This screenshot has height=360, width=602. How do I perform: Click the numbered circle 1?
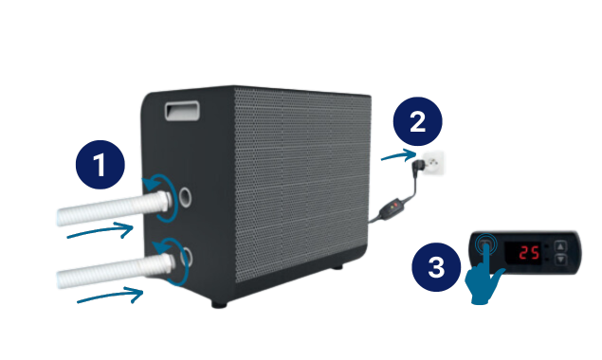click(100, 165)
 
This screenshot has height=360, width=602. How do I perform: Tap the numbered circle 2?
click(418, 121)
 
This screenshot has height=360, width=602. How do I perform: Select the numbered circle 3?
click(436, 267)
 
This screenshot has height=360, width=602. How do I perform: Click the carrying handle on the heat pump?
click(182, 111)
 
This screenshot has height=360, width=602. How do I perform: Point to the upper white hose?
click(114, 208)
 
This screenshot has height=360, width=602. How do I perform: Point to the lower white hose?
click(116, 270)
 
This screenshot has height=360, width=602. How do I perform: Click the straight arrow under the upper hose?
click(100, 230)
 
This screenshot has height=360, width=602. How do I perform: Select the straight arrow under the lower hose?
click(110, 296)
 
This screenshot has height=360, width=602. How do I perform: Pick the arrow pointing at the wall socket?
click(398, 155)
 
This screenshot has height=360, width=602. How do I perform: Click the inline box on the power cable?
click(390, 209)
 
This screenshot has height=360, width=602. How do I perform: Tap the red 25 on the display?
click(529, 253)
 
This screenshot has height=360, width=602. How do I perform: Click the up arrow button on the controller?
click(561, 246)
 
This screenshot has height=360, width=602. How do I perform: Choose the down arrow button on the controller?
click(561, 260)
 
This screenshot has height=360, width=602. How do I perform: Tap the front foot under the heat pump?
click(219, 304)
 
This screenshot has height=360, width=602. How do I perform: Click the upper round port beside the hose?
click(185, 197)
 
